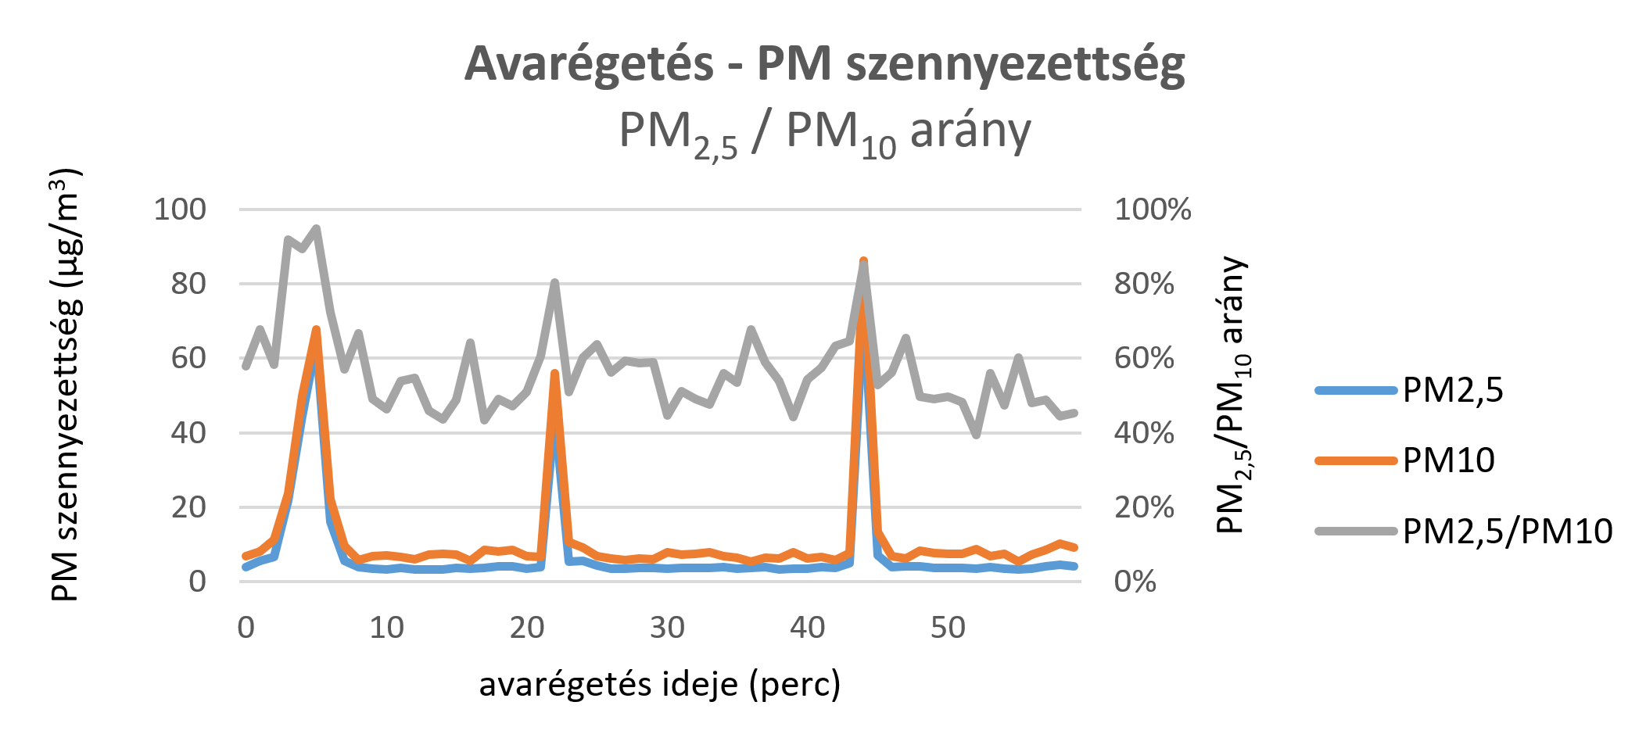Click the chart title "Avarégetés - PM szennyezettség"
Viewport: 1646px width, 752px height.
[x=824, y=63]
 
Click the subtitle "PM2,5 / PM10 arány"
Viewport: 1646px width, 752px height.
[x=824, y=132]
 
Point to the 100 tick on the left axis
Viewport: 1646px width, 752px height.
[x=180, y=209]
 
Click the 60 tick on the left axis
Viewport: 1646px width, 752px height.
[x=188, y=358]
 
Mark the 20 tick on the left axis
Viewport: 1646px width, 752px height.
[x=188, y=507]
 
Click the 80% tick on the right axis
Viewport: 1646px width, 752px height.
[x=1144, y=284]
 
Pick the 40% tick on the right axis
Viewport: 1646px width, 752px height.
[x=1144, y=432]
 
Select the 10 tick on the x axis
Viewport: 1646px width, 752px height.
[x=386, y=628]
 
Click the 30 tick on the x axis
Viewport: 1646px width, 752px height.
[x=667, y=628]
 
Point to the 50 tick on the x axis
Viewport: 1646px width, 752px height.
[x=948, y=628]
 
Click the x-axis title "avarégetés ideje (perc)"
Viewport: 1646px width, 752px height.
[x=659, y=685]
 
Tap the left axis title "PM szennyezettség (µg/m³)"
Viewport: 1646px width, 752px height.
[x=66, y=385]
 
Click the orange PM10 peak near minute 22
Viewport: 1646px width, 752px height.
[x=554, y=374]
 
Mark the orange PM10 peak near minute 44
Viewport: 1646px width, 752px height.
[x=863, y=262]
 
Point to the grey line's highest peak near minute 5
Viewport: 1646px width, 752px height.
[x=316, y=228]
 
